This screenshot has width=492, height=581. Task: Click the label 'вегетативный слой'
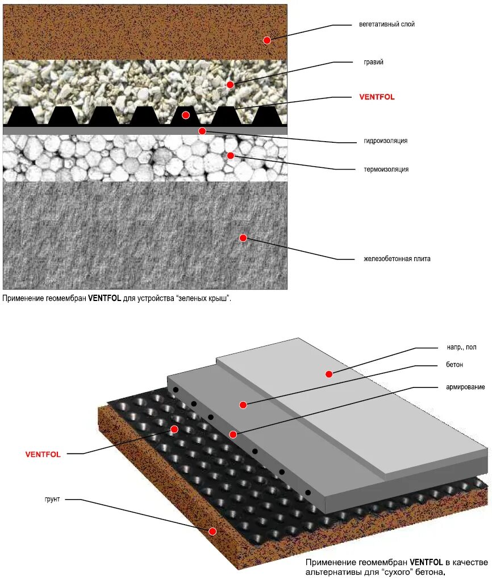click(386, 24)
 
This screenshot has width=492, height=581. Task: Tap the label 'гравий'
click(373, 62)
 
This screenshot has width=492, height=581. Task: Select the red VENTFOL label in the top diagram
click(377, 97)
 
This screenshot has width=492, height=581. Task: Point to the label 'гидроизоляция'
click(386, 141)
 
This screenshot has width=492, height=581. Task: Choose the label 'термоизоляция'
click(386, 169)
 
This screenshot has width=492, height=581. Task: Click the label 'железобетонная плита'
click(397, 259)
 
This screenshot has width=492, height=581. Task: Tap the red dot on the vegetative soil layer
click(267, 40)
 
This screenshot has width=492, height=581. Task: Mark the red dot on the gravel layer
click(230, 85)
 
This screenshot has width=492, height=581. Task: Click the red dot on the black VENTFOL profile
click(186, 115)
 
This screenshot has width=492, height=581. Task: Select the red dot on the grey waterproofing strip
click(202, 131)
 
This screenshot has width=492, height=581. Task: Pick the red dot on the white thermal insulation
click(231, 155)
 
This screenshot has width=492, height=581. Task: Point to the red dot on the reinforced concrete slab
click(243, 238)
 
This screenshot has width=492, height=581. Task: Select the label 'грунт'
click(52, 499)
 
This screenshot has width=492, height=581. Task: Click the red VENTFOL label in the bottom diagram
click(43, 454)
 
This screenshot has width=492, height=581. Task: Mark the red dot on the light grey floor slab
click(328, 374)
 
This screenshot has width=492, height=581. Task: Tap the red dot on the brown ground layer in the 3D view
click(212, 531)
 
